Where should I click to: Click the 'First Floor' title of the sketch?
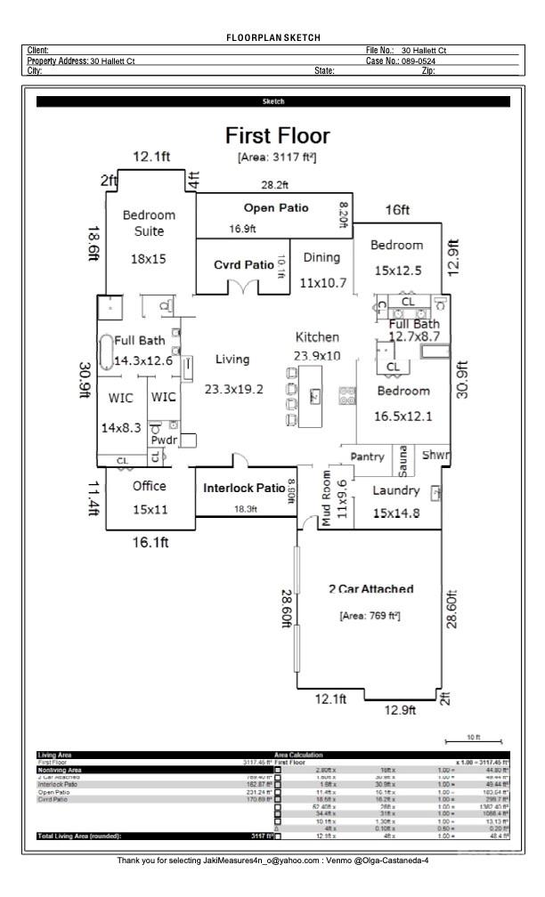[x=277, y=136]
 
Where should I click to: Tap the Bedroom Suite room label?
[x=149, y=222]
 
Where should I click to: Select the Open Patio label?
[x=276, y=207]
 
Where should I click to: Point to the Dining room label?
[x=321, y=257]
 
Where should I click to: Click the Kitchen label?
[x=317, y=337]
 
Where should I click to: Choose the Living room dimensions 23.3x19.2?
[x=233, y=389]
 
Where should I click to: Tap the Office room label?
[x=150, y=486]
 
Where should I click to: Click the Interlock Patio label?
[x=245, y=489]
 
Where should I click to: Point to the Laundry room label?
[x=396, y=490]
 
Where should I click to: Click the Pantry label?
[x=367, y=457]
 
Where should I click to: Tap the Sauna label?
[x=403, y=460]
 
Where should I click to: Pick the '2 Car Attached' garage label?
[x=370, y=589]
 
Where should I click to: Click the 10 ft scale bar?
[x=473, y=740]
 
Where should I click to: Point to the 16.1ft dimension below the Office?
[x=151, y=542]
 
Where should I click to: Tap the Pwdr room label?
[x=163, y=440]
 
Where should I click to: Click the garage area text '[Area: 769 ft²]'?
[x=370, y=615]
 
